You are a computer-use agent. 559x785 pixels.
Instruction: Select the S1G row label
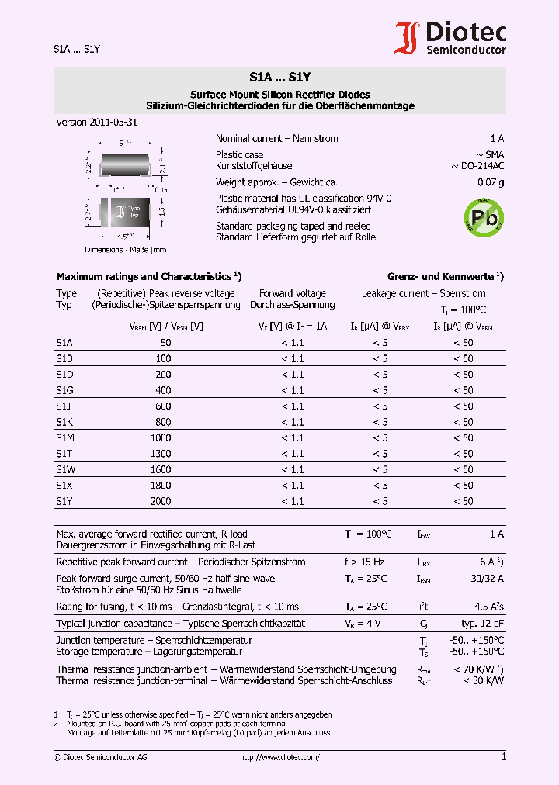tap(64, 390)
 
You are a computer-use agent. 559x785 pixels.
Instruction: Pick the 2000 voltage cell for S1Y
tap(161, 501)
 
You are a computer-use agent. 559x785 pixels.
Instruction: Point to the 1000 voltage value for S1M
tap(161, 437)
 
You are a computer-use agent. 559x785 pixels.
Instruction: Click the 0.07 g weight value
tap(490, 182)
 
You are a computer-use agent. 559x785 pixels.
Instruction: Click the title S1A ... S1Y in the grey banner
tap(279, 78)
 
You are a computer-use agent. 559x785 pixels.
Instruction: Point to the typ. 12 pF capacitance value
tap(482, 624)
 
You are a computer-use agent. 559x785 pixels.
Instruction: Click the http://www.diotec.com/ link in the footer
tap(280, 757)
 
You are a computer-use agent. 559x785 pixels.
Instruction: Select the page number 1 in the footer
tap(503, 757)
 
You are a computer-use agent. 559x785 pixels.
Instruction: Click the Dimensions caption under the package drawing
tap(127, 250)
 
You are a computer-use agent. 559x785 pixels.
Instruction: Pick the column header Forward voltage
tap(293, 293)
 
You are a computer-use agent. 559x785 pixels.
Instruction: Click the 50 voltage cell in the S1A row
tap(165, 342)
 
